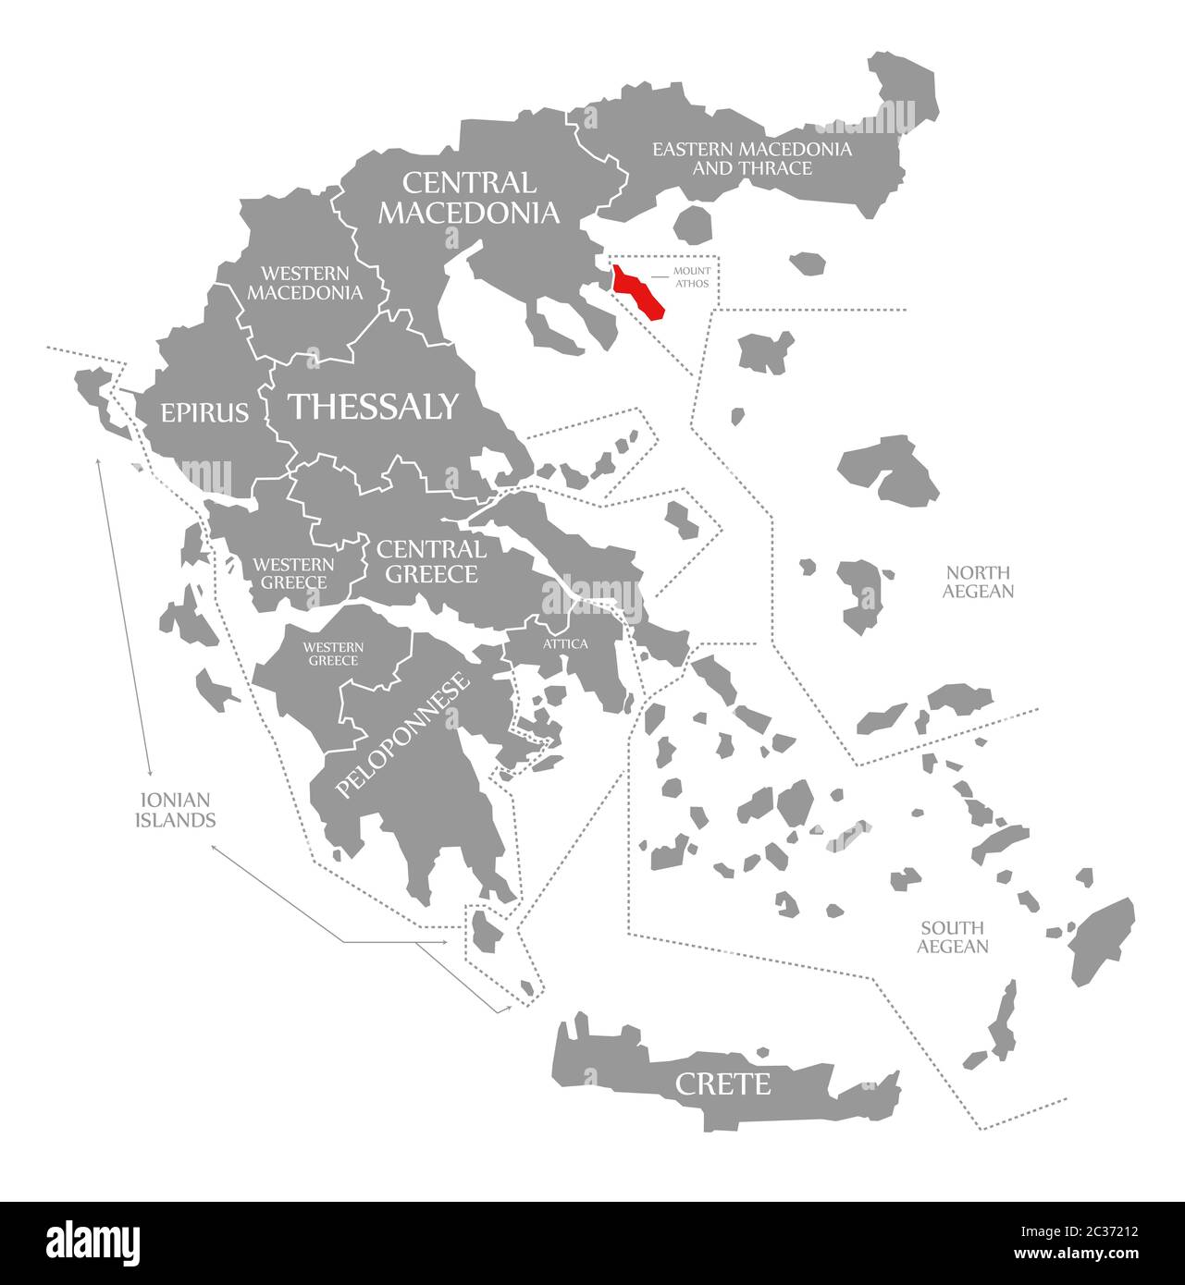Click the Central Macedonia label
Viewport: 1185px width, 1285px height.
click(469, 197)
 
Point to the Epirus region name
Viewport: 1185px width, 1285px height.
click(205, 411)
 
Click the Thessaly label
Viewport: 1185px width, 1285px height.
click(374, 406)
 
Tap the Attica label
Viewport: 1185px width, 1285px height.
click(565, 643)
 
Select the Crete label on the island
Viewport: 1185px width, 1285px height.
click(722, 1083)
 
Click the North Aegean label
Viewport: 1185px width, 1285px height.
click(978, 581)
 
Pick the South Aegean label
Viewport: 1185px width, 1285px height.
click(953, 936)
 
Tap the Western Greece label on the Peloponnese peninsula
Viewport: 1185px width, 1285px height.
click(334, 654)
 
